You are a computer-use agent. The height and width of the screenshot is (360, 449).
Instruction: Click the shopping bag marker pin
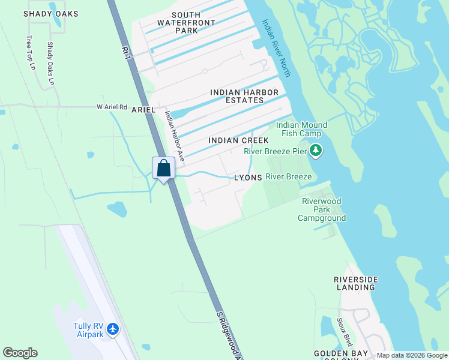point(163,169)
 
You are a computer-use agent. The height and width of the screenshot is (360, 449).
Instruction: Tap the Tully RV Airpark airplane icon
point(114,329)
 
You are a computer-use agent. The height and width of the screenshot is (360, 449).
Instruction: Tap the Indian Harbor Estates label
point(244,96)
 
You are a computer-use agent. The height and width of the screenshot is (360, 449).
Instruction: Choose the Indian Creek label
point(238,140)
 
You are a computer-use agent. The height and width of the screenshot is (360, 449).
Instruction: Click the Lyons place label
point(248,178)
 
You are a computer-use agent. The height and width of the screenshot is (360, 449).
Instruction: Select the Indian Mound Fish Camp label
point(301,129)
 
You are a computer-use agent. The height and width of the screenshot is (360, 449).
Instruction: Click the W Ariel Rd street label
point(112,107)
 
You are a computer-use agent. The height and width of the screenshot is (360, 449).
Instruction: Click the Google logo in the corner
point(20,353)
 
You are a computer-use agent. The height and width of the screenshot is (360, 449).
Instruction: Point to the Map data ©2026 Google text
point(412,355)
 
